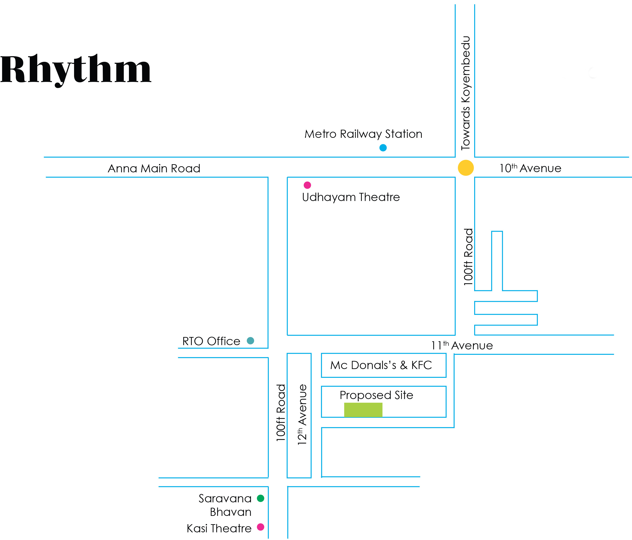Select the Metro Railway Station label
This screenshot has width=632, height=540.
pyautogui.click(x=363, y=134)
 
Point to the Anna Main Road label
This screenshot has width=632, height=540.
pyautogui.click(x=154, y=168)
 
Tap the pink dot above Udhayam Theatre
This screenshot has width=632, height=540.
pyautogui.click(x=307, y=185)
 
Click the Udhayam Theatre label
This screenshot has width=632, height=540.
pyautogui.click(x=351, y=197)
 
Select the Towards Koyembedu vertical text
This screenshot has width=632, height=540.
pyautogui.click(x=466, y=93)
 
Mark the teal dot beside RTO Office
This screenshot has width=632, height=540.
pyautogui.click(x=250, y=341)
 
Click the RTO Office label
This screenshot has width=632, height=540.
pyautogui.click(x=211, y=341)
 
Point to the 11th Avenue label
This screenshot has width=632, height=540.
pyautogui.click(x=462, y=346)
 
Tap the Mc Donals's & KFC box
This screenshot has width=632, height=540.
pyautogui.click(x=383, y=365)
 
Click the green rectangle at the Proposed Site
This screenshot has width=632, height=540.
pyautogui.click(x=363, y=410)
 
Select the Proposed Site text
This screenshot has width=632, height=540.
pyautogui.click(x=376, y=395)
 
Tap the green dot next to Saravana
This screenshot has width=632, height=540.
pyautogui.click(x=261, y=498)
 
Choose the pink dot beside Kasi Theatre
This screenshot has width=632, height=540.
pyautogui.click(x=261, y=527)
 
